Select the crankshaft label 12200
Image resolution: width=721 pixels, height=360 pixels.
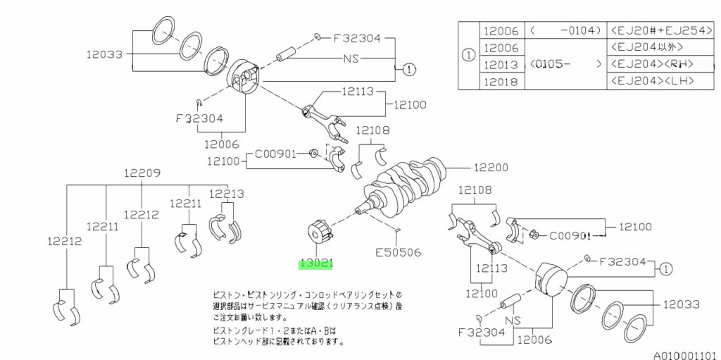[491, 168]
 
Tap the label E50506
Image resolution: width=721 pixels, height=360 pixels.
[397, 250]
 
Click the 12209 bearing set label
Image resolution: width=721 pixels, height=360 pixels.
[143, 173]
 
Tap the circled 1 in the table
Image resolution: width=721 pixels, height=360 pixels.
[468, 56]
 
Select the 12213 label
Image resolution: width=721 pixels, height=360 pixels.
[227, 194]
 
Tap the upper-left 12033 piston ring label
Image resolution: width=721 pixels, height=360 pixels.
[105, 54]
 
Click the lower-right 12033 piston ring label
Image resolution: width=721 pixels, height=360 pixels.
[681, 304]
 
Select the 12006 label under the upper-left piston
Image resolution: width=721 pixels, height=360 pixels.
[223, 144]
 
